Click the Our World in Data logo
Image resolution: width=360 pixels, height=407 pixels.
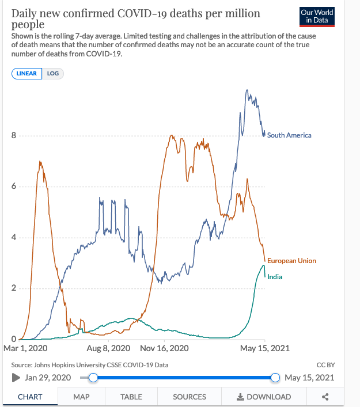click(x=317, y=17)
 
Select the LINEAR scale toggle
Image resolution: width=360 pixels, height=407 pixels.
click(x=26, y=74)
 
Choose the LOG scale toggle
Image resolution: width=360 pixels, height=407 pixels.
click(x=53, y=74)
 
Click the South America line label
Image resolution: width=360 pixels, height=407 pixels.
click(x=289, y=135)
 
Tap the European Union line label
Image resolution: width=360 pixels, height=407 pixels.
click(x=291, y=261)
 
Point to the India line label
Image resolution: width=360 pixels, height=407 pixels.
click(x=275, y=277)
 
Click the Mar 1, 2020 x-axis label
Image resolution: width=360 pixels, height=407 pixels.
click(x=25, y=348)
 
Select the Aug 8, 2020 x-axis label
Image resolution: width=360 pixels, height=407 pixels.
click(x=108, y=348)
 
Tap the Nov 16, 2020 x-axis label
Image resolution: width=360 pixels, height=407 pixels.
click(x=164, y=348)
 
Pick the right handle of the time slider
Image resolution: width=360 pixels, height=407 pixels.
click(x=275, y=378)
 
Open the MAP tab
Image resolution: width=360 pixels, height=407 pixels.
click(x=81, y=397)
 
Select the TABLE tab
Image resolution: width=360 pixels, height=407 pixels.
click(x=131, y=397)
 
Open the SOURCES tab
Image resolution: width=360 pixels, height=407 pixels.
click(x=190, y=397)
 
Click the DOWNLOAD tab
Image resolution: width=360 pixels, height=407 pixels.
click(x=264, y=397)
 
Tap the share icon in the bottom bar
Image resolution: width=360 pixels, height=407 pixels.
click(x=325, y=397)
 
